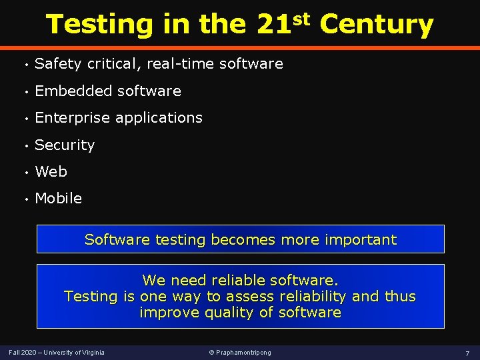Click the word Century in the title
pyautogui.click(x=377, y=25)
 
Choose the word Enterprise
pyautogui.click(x=73, y=118)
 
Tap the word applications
pyautogui.click(x=159, y=118)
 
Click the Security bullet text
pyautogui.click(x=65, y=145)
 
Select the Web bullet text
pyautogui.click(x=51, y=171)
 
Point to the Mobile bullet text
pyautogui.click(x=58, y=198)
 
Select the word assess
pyautogui.click(x=251, y=296)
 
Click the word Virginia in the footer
pyautogui.click(x=92, y=352)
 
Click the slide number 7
pyautogui.click(x=467, y=352)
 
